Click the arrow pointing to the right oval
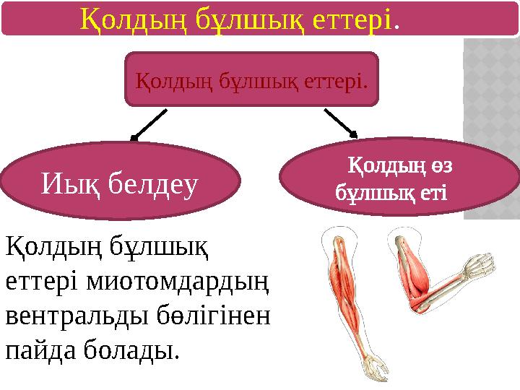pyautogui.click(x=341, y=122)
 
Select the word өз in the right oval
pyautogui.click(x=443, y=166)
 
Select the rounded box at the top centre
pyautogui.click(x=251, y=79)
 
